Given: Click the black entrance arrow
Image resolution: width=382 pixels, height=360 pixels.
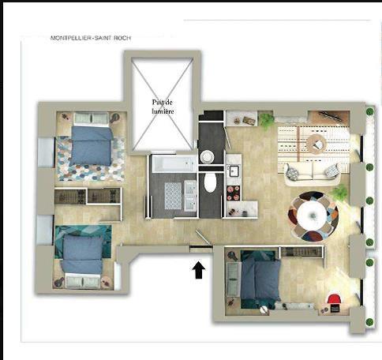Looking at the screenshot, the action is click(x=199, y=270).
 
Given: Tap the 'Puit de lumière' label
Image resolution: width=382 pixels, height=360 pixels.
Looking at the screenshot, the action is click(x=163, y=107).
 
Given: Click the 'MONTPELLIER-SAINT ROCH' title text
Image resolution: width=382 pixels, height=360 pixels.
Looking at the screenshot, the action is click(x=91, y=38).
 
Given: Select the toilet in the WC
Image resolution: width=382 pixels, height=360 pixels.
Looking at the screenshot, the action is click(x=210, y=182).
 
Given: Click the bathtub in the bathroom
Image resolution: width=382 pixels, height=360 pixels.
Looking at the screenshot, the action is click(x=174, y=163).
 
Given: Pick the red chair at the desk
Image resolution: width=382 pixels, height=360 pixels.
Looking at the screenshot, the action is click(x=334, y=299).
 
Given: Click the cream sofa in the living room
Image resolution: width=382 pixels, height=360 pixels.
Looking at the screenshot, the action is click(x=312, y=174).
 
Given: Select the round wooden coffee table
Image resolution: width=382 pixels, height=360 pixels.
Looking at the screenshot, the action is click(x=316, y=144).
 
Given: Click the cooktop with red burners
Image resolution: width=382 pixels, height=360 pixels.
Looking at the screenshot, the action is click(x=234, y=193).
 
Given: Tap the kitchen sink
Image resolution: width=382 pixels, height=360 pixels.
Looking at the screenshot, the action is click(x=234, y=171).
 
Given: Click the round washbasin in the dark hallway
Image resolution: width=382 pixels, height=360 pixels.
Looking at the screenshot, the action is click(x=208, y=157).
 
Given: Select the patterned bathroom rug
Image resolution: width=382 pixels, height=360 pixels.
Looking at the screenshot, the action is click(x=173, y=196).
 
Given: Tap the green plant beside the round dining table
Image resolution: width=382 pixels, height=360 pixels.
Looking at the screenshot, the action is click(x=339, y=192).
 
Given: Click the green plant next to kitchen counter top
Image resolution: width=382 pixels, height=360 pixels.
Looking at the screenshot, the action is click(x=266, y=120).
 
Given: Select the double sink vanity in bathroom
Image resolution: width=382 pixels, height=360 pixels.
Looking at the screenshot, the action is click(x=190, y=196).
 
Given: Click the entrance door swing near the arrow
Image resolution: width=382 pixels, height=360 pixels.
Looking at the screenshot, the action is click(x=204, y=238).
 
